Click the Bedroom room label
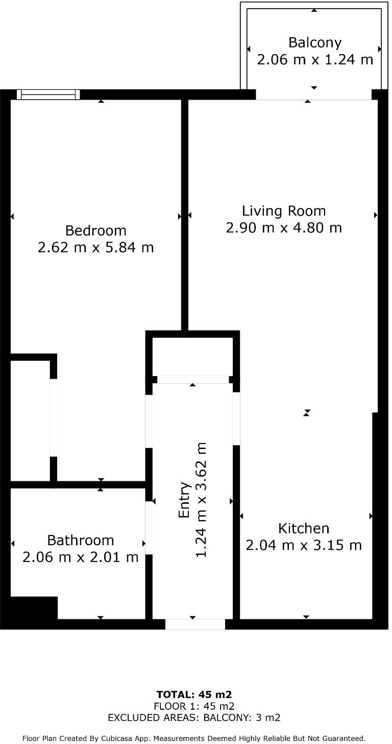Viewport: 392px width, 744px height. click(x=96, y=230)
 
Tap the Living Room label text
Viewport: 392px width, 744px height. click(x=284, y=211)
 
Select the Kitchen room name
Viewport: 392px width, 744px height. click(x=304, y=528)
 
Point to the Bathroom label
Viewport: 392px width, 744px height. click(x=81, y=540)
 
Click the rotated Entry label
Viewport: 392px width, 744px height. click(x=185, y=500)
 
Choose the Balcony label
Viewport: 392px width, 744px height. click(x=315, y=42)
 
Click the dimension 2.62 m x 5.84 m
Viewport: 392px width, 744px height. click(x=96, y=248)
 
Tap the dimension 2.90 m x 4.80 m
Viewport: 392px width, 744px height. click(x=284, y=228)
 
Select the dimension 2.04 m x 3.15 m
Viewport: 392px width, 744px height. click(x=304, y=545)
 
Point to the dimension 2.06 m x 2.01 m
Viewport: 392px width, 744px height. click(x=81, y=557)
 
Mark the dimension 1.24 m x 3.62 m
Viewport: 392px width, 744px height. click(x=202, y=500)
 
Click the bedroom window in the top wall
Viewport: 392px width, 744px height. click(x=48, y=95)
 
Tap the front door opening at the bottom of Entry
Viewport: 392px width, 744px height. click(x=195, y=624)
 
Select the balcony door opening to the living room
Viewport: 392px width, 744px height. click(x=313, y=95)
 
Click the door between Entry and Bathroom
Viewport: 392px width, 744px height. click(x=149, y=528)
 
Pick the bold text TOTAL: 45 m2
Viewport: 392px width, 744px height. click(x=194, y=694)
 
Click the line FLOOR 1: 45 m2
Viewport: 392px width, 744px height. click(x=194, y=706)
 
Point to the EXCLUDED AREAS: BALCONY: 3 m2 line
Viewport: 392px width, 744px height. click(x=194, y=717)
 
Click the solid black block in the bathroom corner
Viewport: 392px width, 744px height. click(x=34, y=608)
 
